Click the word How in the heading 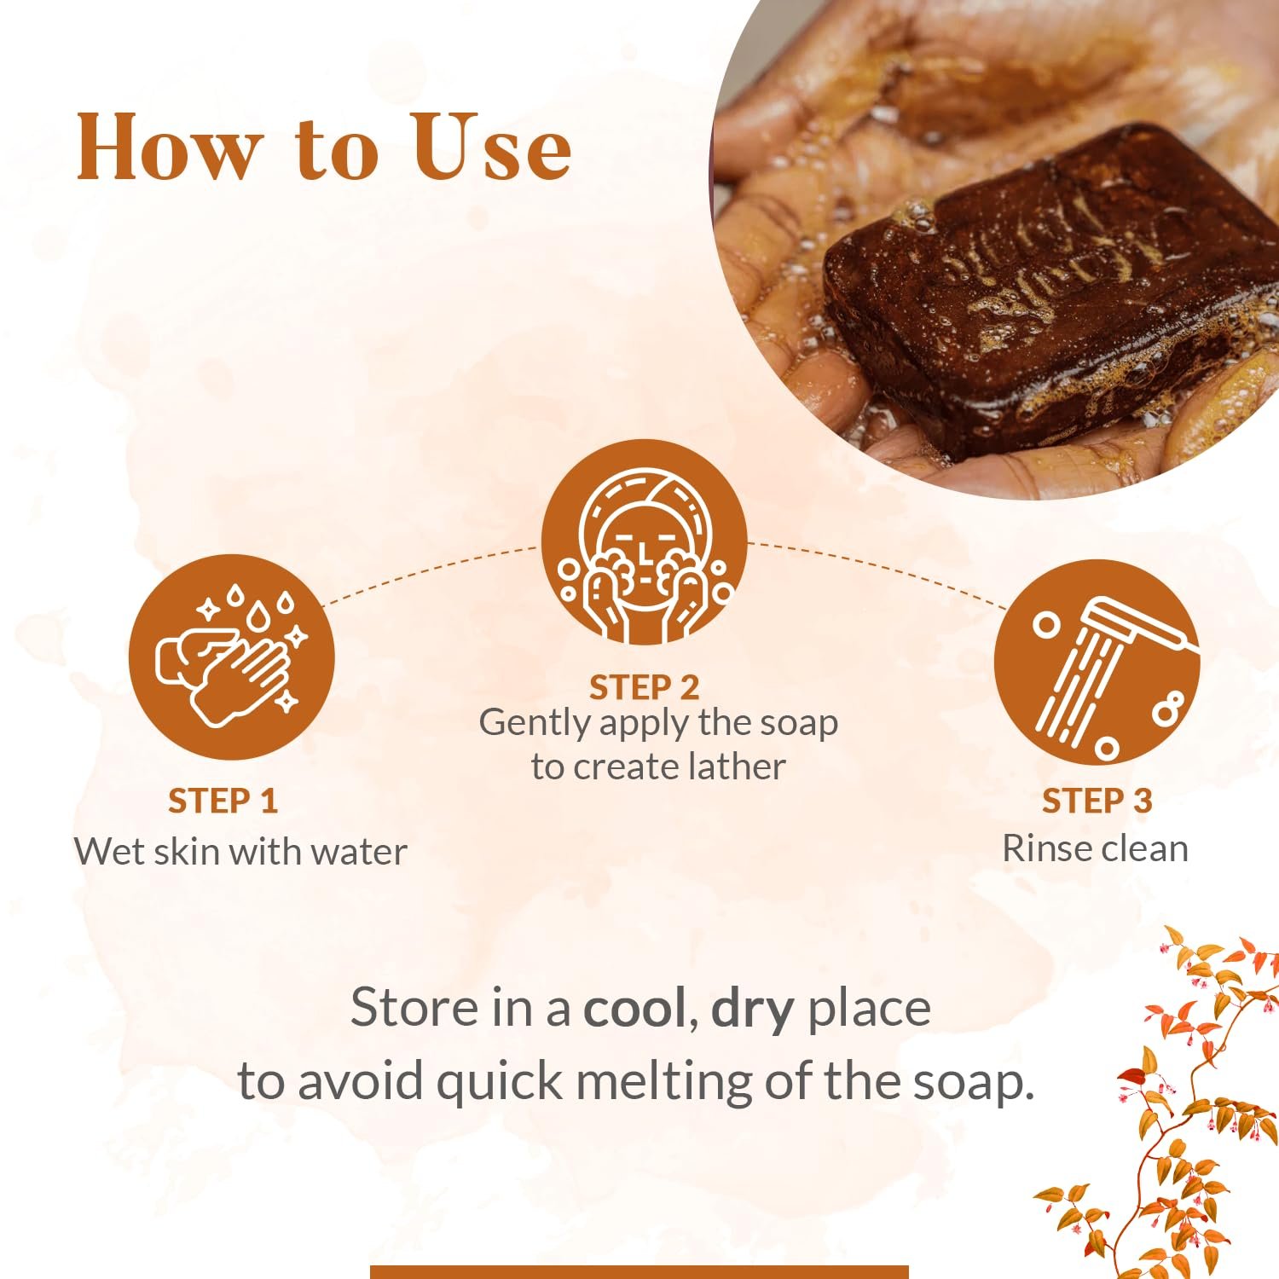coord(168,148)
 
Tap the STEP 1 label coord(223,801)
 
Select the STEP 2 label coord(644,687)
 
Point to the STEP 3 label coord(1097,801)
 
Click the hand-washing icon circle coord(232,657)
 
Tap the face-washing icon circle coord(645,542)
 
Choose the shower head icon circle coord(1097,662)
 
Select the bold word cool coord(634,1008)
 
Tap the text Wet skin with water coord(240,851)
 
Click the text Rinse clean coord(1095,848)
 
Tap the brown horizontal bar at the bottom coord(639,1272)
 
